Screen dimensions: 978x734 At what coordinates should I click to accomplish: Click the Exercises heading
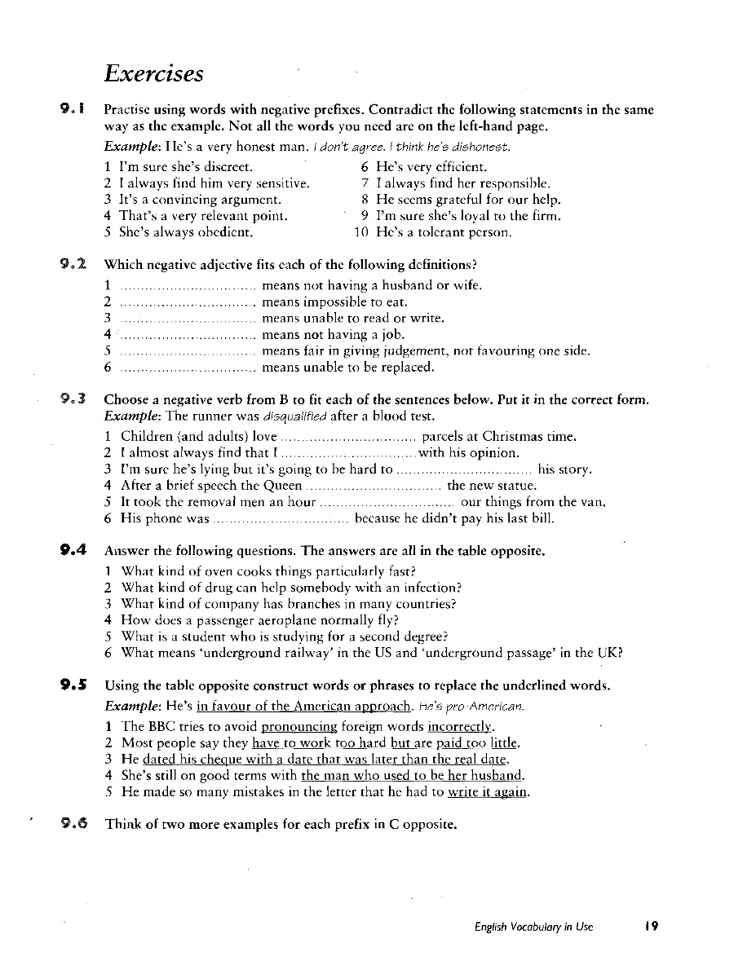tap(153, 74)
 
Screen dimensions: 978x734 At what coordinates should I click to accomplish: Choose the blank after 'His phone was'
tap(281, 519)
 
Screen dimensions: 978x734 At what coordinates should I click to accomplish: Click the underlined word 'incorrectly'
tap(462, 725)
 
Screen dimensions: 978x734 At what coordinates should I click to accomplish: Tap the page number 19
tap(650, 927)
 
